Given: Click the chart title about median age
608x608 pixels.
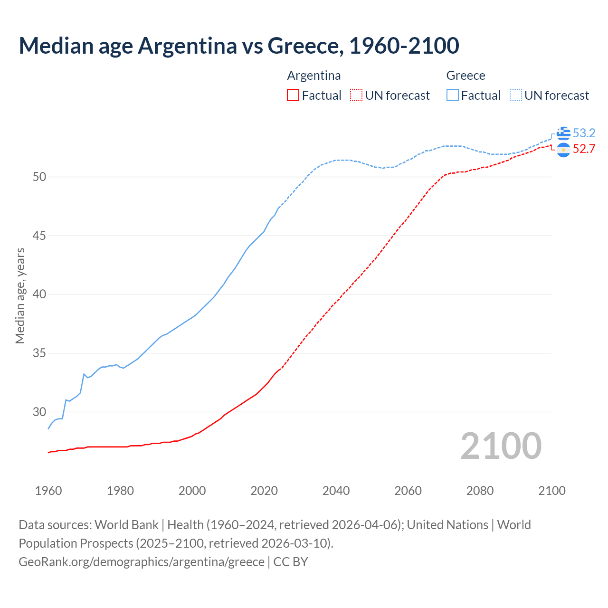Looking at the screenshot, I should coord(239,46).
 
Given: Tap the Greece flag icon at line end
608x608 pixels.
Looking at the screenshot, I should coord(563,133).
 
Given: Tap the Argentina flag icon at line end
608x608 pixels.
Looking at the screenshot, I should coord(563,150).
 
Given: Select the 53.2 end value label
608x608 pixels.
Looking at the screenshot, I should coord(584,133).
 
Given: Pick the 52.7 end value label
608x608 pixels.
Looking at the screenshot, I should coord(584,149).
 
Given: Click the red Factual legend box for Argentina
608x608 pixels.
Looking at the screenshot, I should coord(293,95).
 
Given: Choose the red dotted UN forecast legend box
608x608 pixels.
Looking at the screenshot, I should coord(356,95).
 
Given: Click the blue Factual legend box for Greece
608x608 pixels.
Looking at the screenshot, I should coord(453,95).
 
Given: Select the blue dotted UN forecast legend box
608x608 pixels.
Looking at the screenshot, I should coord(516,95).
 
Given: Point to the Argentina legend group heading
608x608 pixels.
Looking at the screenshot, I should coord(314,76).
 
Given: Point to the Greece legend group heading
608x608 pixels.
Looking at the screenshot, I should coord(465,76).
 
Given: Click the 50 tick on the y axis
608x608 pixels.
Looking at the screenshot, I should coord(39,177).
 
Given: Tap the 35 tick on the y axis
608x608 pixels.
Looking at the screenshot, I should coord(39,353).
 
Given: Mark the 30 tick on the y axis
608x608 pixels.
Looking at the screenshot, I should coord(39,412).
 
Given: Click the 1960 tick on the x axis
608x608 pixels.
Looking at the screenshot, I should coord(48,491).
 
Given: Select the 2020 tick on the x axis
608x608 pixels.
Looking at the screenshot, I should coord(264,491).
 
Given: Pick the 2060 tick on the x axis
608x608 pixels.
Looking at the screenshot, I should coord(408,491).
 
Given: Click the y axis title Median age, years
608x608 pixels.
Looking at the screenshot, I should coord(20,295).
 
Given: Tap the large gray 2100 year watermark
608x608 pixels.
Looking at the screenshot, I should coord(501,446).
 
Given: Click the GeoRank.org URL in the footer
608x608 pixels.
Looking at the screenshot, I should coord(141,562).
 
